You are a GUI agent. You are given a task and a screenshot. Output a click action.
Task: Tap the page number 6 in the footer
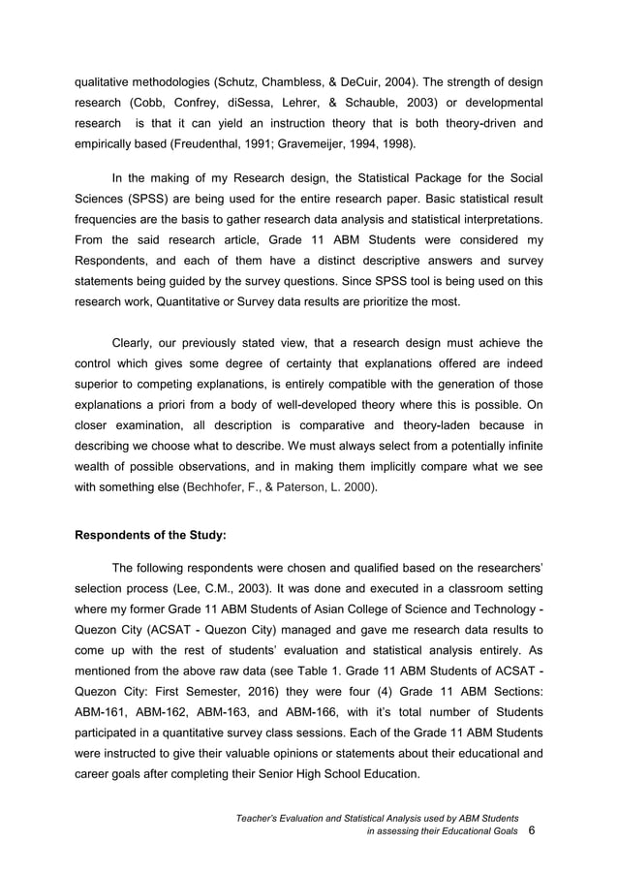click(531, 831)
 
